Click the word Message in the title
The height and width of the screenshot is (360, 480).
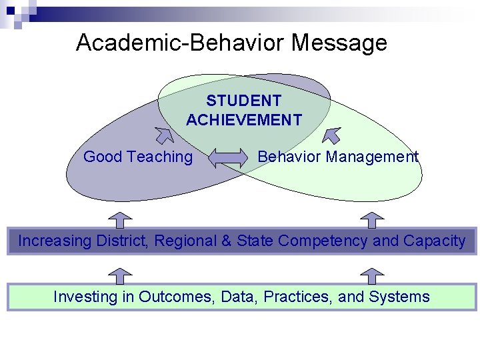(x=339, y=43)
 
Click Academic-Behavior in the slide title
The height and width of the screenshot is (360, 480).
(x=181, y=43)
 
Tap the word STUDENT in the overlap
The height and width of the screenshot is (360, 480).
(x=243, y=101)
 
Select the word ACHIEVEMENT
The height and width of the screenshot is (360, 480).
(x=243, y=120)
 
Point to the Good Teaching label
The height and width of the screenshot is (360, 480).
(x=138, y=157)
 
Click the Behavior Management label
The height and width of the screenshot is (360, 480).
(x=338, y=157)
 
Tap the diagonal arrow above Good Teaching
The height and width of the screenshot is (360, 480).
(x=163, y=135)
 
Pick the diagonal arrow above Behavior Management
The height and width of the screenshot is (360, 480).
(x=331, y=135)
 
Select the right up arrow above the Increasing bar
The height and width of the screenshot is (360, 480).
(x=372, y=220)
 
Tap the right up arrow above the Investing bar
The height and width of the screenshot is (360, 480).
(x=372, y=276)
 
